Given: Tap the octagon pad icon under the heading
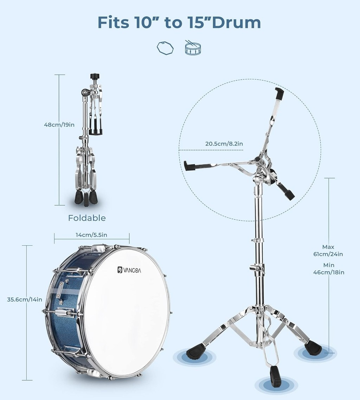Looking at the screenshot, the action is [x=165, y=48].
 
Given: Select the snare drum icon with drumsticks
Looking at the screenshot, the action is [x=193, y=47].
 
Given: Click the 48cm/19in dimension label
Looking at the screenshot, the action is [x=59, y=125].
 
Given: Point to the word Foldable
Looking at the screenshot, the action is [x=87, y=218].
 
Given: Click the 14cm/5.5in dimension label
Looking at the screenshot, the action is [x=91, y=235].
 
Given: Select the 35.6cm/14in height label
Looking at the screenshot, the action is [x=25, y=299].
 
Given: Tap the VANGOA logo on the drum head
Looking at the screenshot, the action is [x=129, y=270].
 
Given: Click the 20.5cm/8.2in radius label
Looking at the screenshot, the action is [x=224, y=144].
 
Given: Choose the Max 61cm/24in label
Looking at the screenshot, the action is [x=328, y=251].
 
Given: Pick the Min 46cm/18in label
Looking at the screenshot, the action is [x=329, y=269].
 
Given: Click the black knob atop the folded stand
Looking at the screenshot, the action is [x=95, y=77].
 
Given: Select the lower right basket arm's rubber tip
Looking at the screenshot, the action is [x=290, y=195].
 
